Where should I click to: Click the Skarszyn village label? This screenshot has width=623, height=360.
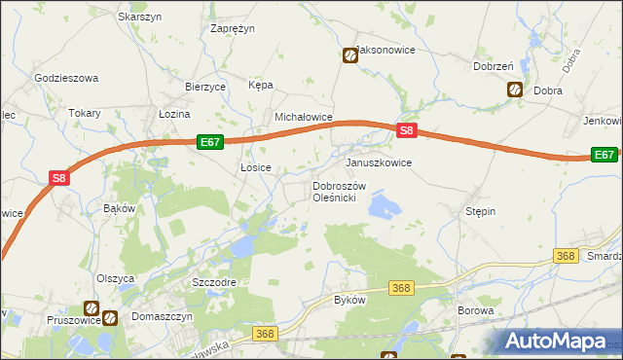[x=139, y=17]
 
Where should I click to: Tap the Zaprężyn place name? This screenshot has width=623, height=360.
[x=233, y=28]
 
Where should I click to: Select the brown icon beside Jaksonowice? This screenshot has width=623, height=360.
[x=349, y=55]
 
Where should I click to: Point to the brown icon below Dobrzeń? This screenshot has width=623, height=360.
[x=514, y=90]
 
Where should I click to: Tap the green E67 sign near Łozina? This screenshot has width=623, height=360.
[x=210, y=142]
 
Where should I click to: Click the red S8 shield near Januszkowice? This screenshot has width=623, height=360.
[x=407, y=131]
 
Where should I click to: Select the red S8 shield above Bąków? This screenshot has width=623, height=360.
[x=59, y=178]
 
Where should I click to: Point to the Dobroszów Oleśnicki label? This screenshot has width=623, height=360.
[x=339, y=191]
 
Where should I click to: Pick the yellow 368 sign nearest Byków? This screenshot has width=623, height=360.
[x=402, y=288]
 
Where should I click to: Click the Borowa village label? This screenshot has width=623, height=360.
[x=476, y=311]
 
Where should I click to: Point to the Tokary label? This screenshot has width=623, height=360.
[x=85, y=113]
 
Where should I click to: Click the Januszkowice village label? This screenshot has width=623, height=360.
[x=379, y=162]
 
